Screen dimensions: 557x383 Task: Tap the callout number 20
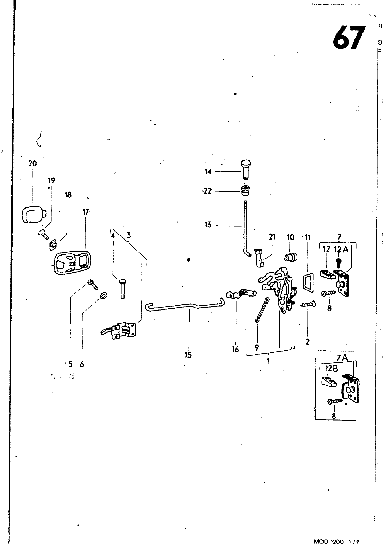pos(32,164)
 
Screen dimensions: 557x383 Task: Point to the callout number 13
pos(208,225)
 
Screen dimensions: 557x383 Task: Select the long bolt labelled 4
pos(122,288)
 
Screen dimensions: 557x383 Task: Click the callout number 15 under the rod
pos(188,355)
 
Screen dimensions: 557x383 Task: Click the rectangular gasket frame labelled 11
pos(308,281)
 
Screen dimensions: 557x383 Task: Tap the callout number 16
pos(235,349)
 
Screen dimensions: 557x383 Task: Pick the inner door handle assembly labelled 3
pos(120,330)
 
